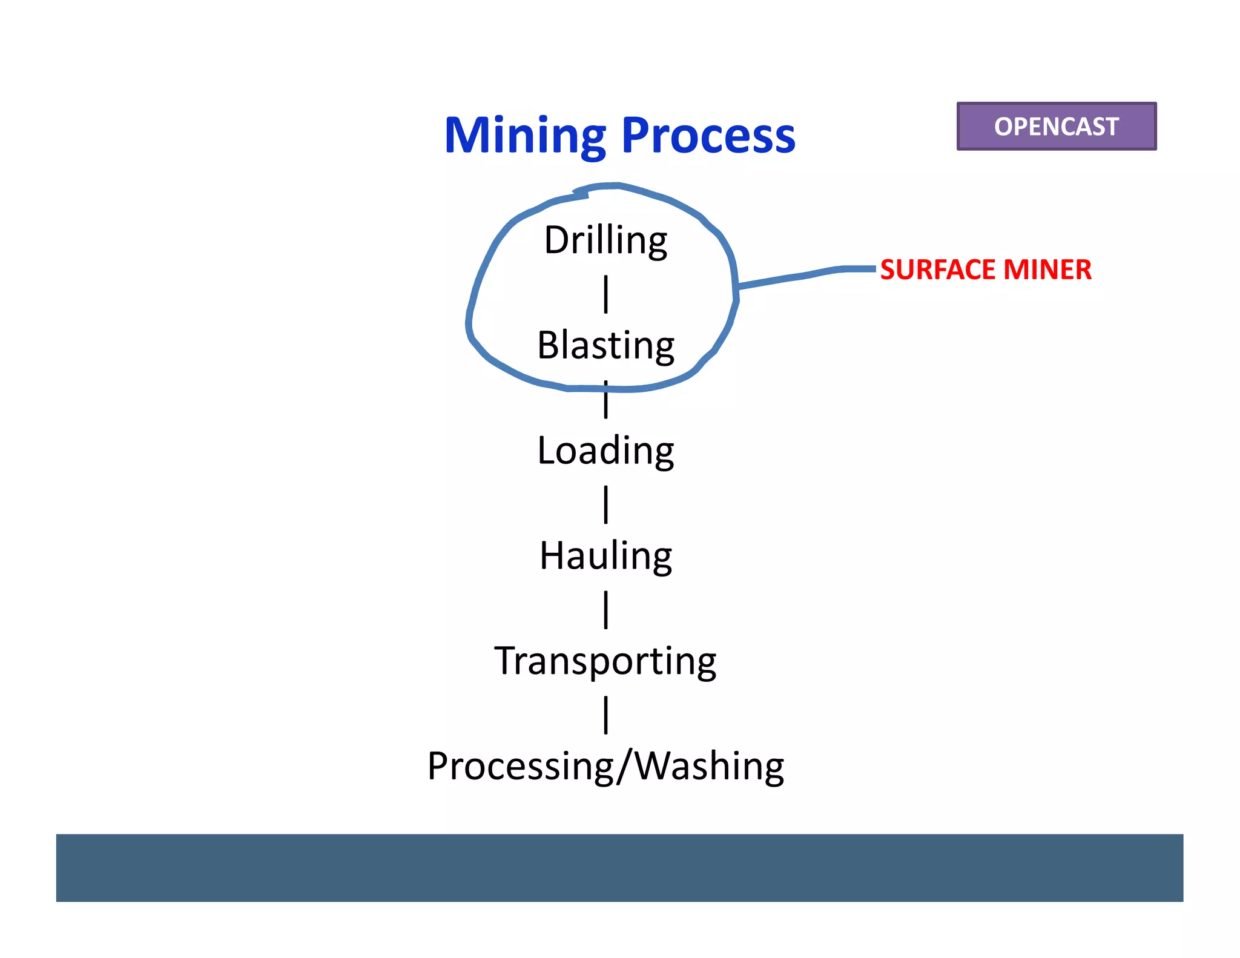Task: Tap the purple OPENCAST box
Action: click(1056, 126)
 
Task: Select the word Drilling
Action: click(605, 240)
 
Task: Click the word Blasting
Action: click(605, 345)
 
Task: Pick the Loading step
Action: click(605, 451)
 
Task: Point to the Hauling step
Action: click(605, 556)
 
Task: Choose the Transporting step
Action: click(605, 661)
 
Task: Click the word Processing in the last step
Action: click(520, 766)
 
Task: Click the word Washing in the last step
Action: click(709, 766)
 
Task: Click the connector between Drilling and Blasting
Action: click(605, 294)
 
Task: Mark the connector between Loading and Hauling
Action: click(605, 504)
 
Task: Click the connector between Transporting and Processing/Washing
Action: click(605, 715)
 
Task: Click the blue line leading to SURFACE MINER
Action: click(805, 276)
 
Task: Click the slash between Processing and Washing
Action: click(625, 766)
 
